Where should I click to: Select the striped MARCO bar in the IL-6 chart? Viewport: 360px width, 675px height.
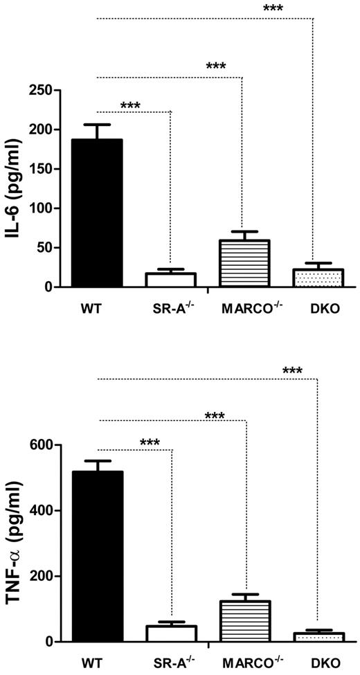(x=244, y=264)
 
